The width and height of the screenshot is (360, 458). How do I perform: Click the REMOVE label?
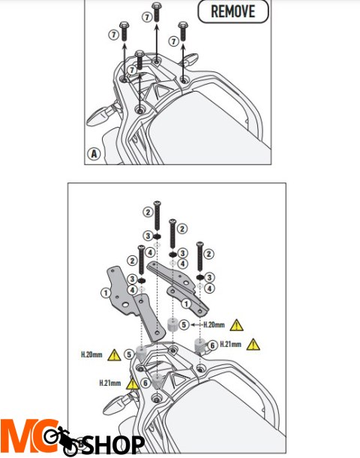pyautogui.click(x=232, y=11)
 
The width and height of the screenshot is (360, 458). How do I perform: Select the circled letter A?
pyautogui.click(x=93, y=154)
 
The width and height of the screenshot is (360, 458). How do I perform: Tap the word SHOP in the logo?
pyautogui.click(x=114, y=444)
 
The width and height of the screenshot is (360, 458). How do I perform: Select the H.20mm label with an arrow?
pyautogui.click(x=214, y=324)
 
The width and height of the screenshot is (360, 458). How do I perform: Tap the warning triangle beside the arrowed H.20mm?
pyautogui.click(x=236, y=325)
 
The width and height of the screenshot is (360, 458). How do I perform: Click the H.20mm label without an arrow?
pyautogui.click(x=91, y=355)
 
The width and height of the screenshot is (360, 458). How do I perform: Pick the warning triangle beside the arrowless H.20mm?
pyautogui.click(x=114, y=355)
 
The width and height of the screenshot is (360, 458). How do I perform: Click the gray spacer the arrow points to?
pyautogui.click(x=172, y=324)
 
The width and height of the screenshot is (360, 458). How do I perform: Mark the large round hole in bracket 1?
pyautogui.click(x=126, y=305)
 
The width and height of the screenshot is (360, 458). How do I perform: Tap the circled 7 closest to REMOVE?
pyautogui.click(x=174, y=41)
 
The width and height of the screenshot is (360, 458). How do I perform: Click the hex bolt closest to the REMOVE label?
pyautogui.click(x=183, y=31)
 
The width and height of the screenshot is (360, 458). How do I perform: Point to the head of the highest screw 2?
pyautogui.click(x=157, y=203)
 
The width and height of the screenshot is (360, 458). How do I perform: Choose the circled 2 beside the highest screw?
pyautogui.click(x=148, y=212)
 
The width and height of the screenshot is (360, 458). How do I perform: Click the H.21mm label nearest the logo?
pyautogui.click(x=110, y=383)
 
